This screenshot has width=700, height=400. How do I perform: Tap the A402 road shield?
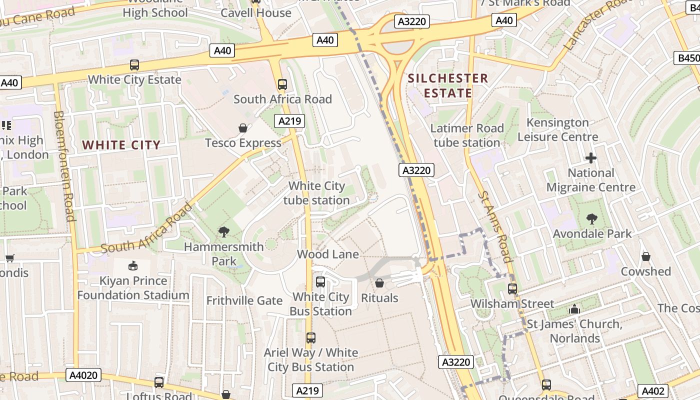point(653,391)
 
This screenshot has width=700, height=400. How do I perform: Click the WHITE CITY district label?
point(121,145)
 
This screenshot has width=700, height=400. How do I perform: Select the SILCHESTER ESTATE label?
point(447,85)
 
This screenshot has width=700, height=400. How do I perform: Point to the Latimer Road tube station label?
point(467,135)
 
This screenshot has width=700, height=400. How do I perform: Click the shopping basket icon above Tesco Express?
point(243,128)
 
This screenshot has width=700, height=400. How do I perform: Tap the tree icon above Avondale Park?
point(592,219)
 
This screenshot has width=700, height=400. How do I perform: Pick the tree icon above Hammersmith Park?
point(223,231)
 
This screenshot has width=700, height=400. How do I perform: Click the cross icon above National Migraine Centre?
point(591,158)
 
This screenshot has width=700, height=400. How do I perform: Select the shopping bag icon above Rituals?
point(379,283)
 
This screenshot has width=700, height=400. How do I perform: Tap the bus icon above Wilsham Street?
point(512,288)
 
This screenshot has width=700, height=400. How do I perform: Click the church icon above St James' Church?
point(574,309)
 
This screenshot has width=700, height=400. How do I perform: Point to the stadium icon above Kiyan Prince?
point(133,265)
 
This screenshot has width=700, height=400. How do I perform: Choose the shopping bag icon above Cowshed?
point(646,256)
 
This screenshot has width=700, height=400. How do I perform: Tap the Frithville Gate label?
point(244,300)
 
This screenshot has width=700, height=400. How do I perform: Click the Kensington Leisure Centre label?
point(558,129)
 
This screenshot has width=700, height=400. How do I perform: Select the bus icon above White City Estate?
point(134,64)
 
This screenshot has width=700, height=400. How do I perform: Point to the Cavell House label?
point(256,12)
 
